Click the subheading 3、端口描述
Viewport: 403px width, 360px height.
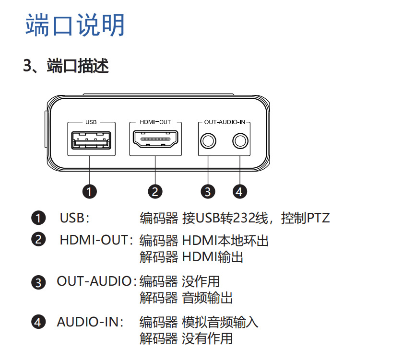point(66,66)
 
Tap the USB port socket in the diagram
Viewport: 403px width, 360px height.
point(91,142)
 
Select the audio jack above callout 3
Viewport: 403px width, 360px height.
point(208,141)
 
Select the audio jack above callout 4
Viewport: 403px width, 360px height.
point(240,141)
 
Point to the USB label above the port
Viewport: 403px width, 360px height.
point(91,122)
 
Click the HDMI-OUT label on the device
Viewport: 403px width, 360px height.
point(155,122)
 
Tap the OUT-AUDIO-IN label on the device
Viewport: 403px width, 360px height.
point(225,122)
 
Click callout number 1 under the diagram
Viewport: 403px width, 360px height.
point(90,192)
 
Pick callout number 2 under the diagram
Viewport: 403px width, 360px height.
point(155,192)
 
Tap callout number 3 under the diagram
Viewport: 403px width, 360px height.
point(207,192)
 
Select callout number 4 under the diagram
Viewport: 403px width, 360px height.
point(240,192)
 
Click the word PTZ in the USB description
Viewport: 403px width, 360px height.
point(319,219)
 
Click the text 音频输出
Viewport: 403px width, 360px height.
point(208,298)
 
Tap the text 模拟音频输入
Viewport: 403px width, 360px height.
point(220,322)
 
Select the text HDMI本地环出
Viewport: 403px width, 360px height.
point(225,240)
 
